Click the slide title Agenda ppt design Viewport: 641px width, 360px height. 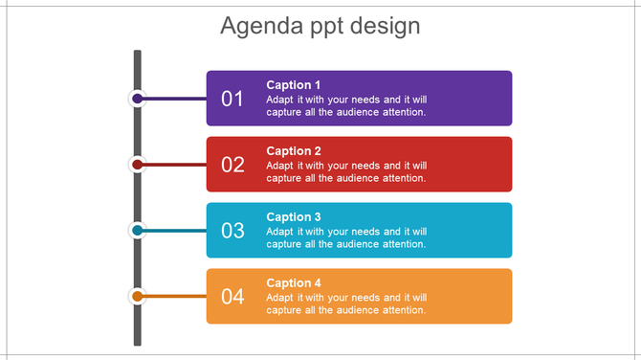pos(320,25)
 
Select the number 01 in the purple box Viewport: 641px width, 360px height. pos(232,99)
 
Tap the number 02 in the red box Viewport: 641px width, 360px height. pos(232,165)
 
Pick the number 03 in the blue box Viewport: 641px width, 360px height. pos(232,231)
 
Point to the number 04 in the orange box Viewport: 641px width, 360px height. pos(232,297)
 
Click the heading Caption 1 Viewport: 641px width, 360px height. pos(294,85)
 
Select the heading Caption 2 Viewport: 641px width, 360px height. pos(294,151)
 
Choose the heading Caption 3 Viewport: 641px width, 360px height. pos(294,217)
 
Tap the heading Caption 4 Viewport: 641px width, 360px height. pos(294,283)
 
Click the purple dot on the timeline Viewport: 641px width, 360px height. pos(138,99)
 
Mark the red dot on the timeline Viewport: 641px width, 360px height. pos(138,165)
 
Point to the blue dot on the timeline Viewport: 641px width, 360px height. pos(138,231)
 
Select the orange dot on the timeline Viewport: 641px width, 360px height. pos(138,297)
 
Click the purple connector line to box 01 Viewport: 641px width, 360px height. pos(176,99)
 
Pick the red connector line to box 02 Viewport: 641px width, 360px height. pos(176,165)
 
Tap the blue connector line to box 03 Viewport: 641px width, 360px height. pos(176,231)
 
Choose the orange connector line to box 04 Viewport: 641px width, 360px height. pos(176,297)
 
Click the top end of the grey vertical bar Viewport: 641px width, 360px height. pos(138,54)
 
